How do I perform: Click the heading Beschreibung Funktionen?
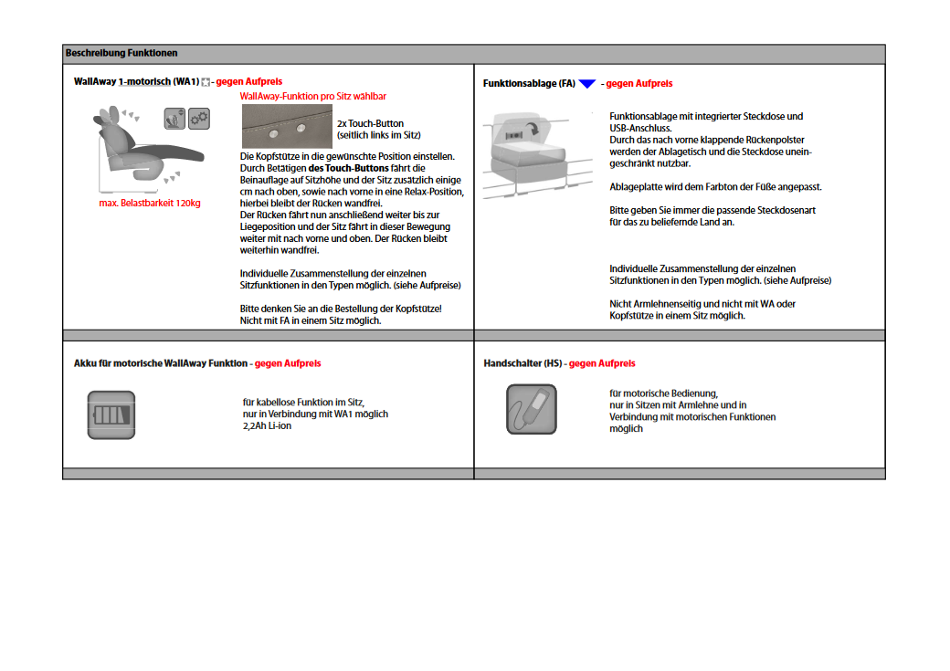(121, 54)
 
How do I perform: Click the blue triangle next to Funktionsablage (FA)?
(587, 84)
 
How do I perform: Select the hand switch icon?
(532, 409)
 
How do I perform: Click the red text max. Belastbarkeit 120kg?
(150, 204)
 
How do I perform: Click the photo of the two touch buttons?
(286, 126)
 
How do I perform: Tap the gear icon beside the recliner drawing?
(198, 118)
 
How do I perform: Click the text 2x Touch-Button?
(370, 123)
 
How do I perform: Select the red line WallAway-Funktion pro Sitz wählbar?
(312, 96)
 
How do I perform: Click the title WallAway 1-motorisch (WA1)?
(136, 82)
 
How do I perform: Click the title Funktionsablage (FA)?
(529, 84)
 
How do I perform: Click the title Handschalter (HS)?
(522, 363)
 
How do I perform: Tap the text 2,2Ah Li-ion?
(267, 425)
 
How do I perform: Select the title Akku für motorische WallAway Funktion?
(160, 363)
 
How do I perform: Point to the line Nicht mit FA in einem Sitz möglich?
(311, 320)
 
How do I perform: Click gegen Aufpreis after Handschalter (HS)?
(602, 363)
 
